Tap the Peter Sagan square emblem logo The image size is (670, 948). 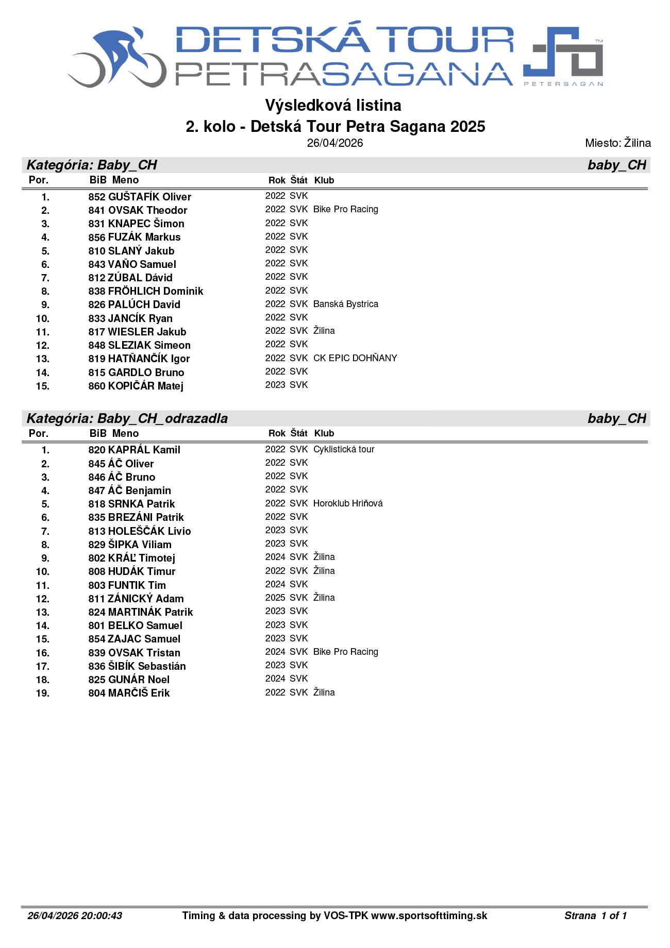[x=563, y=55]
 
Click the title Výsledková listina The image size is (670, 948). [x=333, y=105]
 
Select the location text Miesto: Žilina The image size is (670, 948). [x=617, y=143]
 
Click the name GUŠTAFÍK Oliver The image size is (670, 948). [x=149, y=197]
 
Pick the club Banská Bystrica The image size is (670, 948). [x=345, y=304]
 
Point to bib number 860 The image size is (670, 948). [x=96, y=386]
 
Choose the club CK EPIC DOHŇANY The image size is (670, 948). [x=355, y=358]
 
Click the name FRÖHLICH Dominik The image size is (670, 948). [x=156, y=291]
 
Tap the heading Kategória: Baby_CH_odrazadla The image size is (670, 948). [x=127, y=418]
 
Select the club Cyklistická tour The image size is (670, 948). [x=344, y=449]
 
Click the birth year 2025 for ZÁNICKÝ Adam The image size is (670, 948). [x=275, y=598]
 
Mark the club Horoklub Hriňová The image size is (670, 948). [x=348, y=503]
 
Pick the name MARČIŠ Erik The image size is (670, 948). [x=139, y=693]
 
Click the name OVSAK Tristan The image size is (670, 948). [x=144, y=653]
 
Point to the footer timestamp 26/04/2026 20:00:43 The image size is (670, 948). [x=75, y=916]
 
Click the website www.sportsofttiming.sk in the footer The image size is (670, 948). [x=429, y=916]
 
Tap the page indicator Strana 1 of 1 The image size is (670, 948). [x=595, y=916]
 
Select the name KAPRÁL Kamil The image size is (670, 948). [x=144, y=450]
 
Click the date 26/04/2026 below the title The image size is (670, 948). [x=335, y=143]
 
